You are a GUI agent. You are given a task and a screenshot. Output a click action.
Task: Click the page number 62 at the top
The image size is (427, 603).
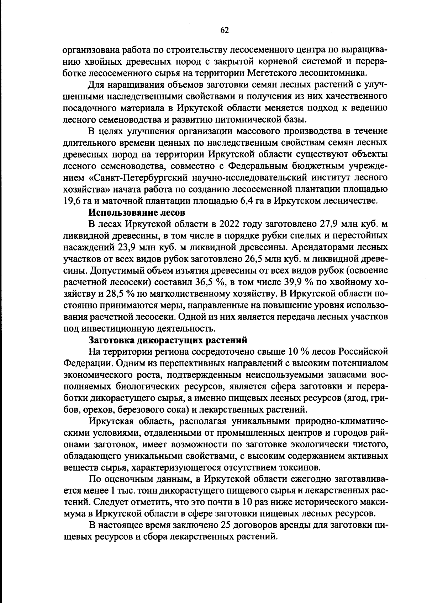coord(225,30)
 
